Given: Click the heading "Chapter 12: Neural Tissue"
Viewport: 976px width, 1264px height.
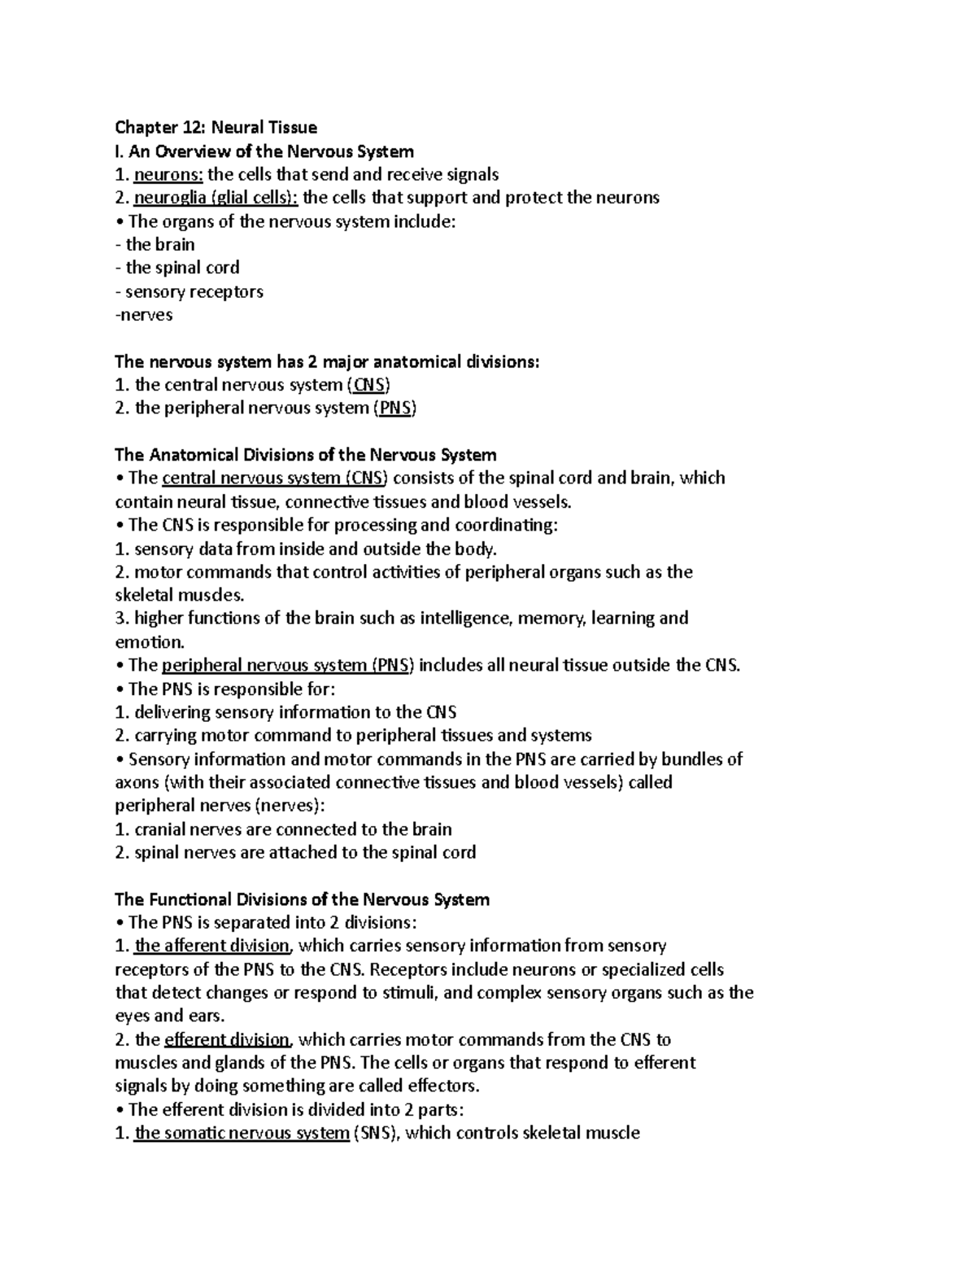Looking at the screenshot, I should (x=216, y=127).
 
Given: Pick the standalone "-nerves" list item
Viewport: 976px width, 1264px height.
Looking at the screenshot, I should (x=144, y=315).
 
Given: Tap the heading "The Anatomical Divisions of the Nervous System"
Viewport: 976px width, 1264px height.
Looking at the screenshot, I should (x=305, y=454).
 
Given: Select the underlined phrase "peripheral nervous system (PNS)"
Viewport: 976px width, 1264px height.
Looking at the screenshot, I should (x=288, y=666).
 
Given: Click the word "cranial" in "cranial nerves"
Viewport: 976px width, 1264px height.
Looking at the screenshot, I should (x=162, y=830).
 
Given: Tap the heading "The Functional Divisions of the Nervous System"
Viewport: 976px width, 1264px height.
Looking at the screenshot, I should (x=302, y=899).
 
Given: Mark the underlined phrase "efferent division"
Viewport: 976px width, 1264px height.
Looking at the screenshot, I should (x=227, y=1040).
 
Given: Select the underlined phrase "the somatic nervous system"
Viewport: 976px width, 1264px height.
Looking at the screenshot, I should (x=242, y=1134).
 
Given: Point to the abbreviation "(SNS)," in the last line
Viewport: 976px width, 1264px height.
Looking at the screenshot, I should (x=377, y=1134).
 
